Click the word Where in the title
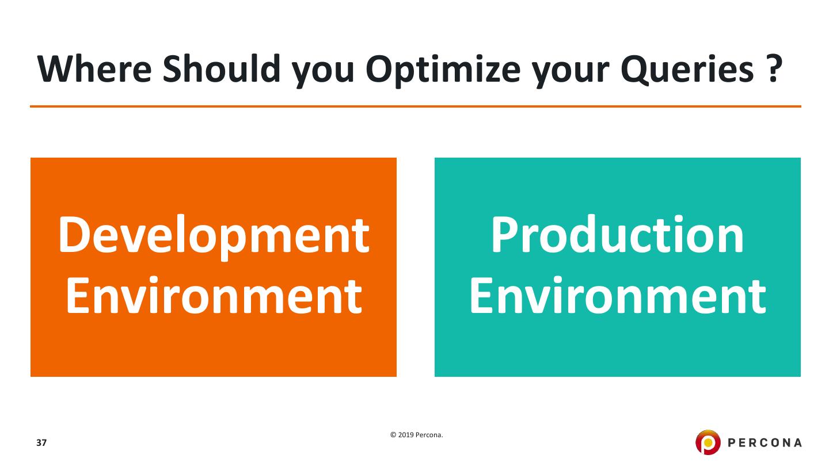pos(94,69)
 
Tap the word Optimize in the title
pos(443,70)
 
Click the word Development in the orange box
pos(214,236)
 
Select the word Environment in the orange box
pos(214,295)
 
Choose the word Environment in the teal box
pos(618,295)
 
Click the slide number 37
pos(41,443)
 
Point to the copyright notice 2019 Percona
pos(420,435)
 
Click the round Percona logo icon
pos(708,442)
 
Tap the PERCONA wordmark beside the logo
pos(765,443)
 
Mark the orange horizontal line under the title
pos(416,106)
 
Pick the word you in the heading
pos(323,73)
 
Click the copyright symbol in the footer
pos(393,435)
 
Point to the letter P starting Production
pos(505,234)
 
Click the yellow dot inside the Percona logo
pos(708,442)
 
